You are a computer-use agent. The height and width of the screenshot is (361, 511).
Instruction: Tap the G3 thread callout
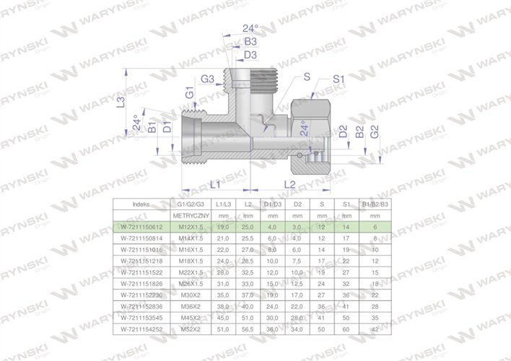(x=207, y=78)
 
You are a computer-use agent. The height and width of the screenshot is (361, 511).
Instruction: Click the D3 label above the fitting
(x=250, y=55)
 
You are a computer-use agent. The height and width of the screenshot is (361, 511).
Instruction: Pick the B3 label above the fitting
(x=250, y=42)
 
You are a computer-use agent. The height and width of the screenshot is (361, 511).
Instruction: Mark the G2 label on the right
(x=374, y=133)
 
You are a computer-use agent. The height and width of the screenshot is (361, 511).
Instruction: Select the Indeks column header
(x=142, y=205)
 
